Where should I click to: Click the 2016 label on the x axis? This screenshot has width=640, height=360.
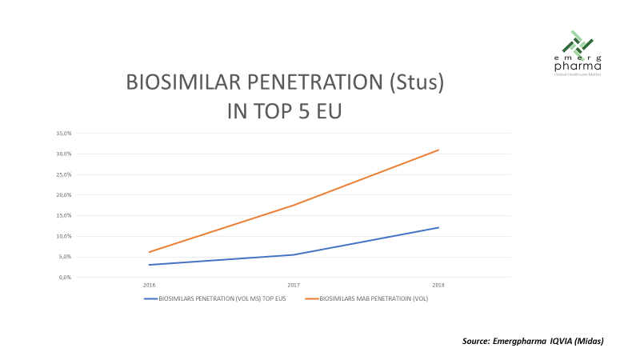(150, 285)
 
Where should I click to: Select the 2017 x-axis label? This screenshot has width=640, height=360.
(294, 285)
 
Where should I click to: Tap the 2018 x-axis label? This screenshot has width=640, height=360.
(438, 285)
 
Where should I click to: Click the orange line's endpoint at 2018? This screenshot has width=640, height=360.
(438, 150)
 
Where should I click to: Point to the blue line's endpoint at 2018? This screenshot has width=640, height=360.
(438, 227)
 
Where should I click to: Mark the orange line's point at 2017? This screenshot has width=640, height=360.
(294, 205)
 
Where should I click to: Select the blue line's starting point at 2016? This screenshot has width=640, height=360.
(150, 265)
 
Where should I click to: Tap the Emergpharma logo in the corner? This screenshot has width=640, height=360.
(578, 53)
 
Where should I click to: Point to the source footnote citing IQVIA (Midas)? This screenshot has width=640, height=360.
(532, 342)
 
